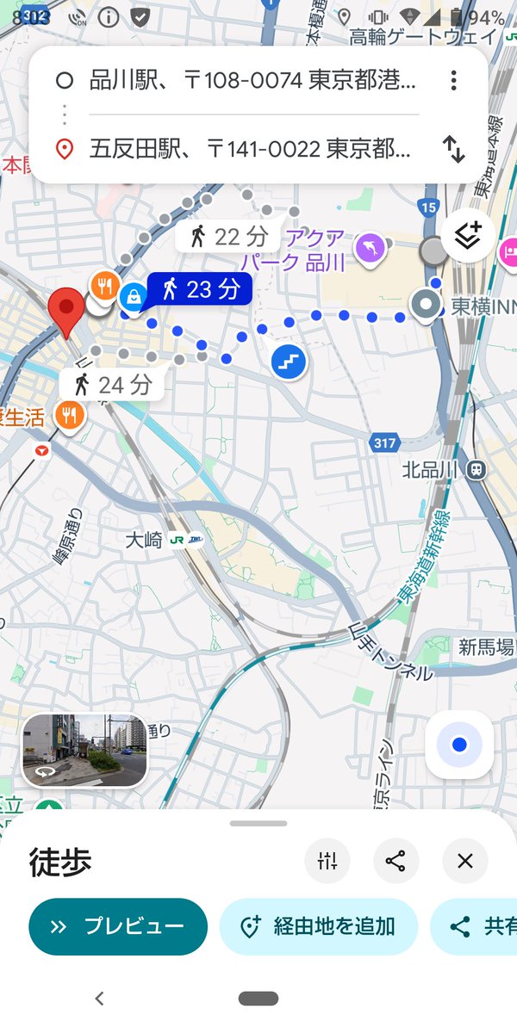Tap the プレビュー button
click(118, 926)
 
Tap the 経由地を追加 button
click(318, 926)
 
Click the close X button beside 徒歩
click(465, 861)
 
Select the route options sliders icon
click(327, 861)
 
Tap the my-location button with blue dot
click(459, 744)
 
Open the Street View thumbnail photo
click(84, 750)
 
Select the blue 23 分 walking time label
click(199, 288)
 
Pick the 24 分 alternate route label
click(112, 384)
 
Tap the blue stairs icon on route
click(290, 362)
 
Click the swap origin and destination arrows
click(454, 149)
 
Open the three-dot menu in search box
click(453, 81)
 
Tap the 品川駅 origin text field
click(252, 81)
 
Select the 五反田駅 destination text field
click(250, 149)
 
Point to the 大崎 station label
click(144, 541)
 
